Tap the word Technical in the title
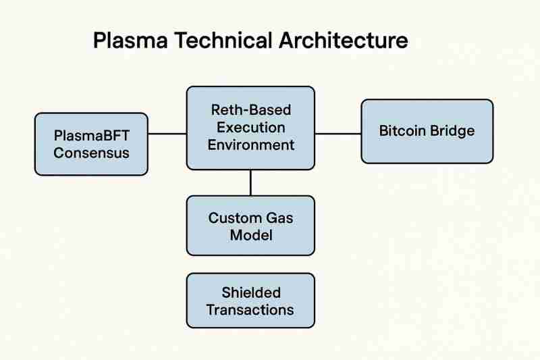(215, 41)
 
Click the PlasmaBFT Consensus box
(91, 144)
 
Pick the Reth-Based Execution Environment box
(250, 127)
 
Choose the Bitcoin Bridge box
(427, 131)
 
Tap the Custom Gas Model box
(250, 226)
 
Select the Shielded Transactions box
(250, 301)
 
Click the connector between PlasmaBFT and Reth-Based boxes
(167, 134)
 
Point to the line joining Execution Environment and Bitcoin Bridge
(338, 134)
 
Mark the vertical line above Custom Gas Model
(250, 182)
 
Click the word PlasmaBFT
(91, 136)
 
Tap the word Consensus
(91, 153)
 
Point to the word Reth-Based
(250, 110)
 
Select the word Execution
(250, 127)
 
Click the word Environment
(250, 144)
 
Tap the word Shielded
(250, 293)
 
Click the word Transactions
(250, 310)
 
